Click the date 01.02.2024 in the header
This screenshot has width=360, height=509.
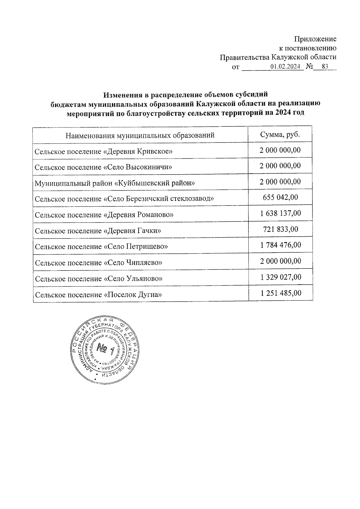(285, 67)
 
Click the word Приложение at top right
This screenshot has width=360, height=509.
(315, 39)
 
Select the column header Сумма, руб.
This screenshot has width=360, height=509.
(280, 134)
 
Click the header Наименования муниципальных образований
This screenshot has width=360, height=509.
(140, 135)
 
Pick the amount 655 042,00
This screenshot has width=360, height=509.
(280, 197)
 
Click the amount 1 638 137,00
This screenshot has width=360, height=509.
(280, 213)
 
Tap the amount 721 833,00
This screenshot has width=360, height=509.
(280, 229)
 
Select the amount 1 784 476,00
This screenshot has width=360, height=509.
(280, 245)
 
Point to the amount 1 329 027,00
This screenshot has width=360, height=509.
(281, 277)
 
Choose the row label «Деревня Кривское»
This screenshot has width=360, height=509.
(103, 151)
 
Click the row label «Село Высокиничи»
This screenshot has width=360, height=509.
(103, 167)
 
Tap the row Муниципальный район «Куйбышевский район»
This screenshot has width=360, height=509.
(115, 183)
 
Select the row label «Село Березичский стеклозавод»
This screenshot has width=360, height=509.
(124, 199)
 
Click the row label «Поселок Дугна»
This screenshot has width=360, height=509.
(98, 295)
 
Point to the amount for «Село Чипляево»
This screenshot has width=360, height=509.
(280, 261)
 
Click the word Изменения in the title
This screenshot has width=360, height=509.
(122, 95)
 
